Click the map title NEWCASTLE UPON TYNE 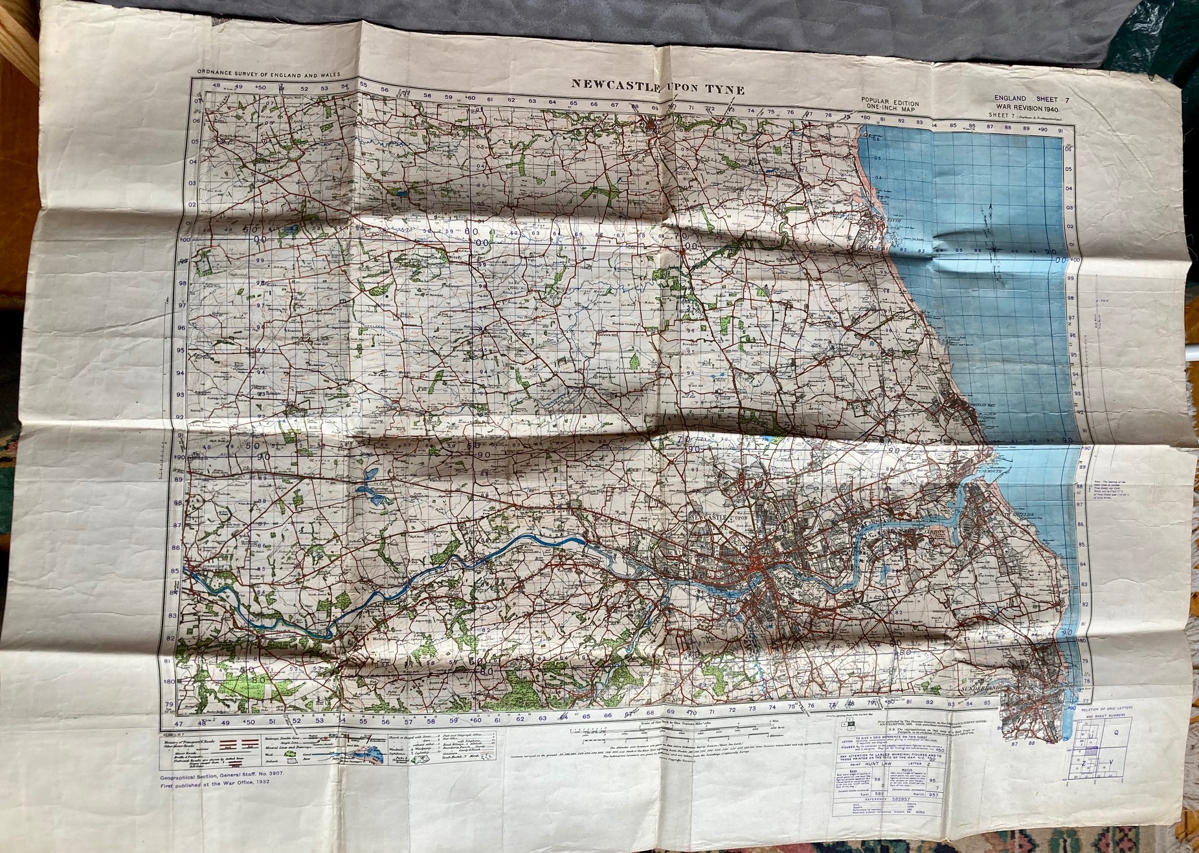(656, 87)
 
